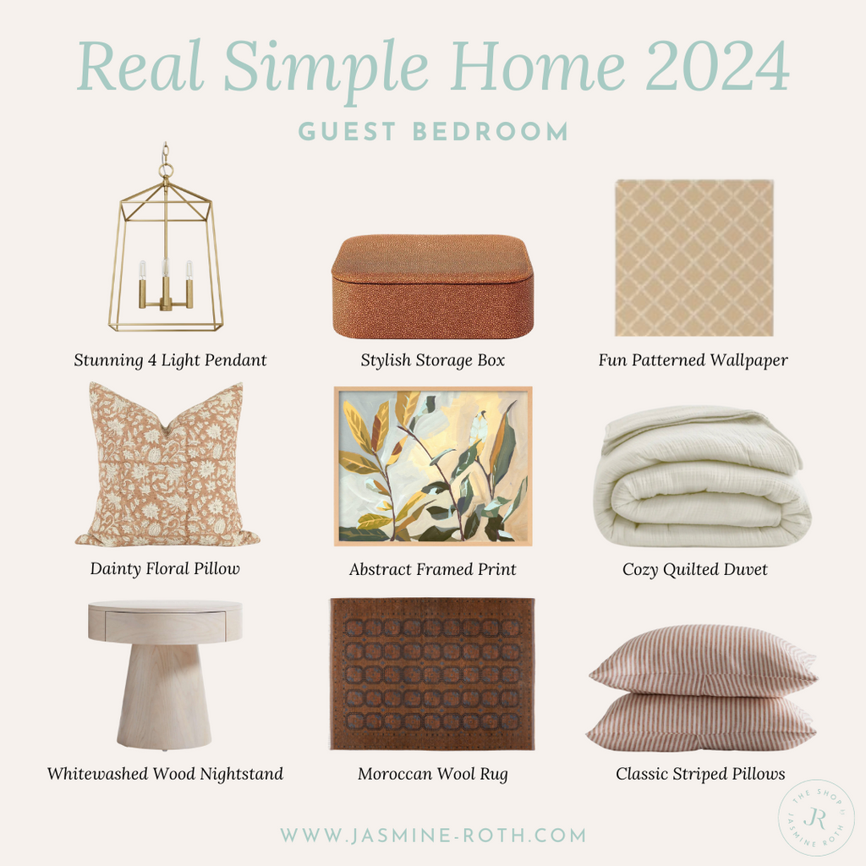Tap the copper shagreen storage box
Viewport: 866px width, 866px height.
432,288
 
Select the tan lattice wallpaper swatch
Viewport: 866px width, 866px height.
694,257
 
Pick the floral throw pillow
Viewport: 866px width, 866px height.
167,465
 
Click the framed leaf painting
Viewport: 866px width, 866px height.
433,466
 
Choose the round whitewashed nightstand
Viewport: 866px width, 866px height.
165,675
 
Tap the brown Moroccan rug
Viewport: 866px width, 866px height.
432,674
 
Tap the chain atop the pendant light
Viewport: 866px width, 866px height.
165,157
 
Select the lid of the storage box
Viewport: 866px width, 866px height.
432,260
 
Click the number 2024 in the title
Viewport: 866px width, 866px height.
717,67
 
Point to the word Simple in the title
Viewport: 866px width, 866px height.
326,69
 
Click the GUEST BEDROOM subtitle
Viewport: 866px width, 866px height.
434,132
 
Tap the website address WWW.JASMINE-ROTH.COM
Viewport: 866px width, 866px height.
433,835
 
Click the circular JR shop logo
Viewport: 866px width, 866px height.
816,818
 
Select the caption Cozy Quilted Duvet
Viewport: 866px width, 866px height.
695,569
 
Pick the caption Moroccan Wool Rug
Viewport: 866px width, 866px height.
432,774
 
